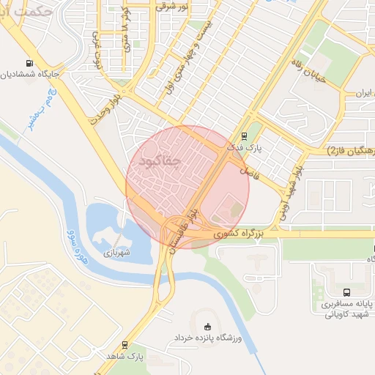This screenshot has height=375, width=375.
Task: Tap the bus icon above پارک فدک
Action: (x=245, y=136)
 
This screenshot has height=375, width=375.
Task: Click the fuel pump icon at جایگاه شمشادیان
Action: (x=29, y=64)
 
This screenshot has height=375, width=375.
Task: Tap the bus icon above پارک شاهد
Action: (x=125, y=344)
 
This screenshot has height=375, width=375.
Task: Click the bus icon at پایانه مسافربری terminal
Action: (x=346, y=292)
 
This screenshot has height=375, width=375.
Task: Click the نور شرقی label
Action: (x=171, y=6)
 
